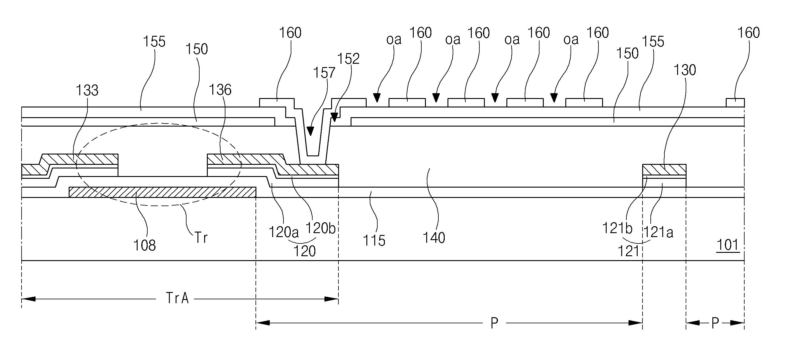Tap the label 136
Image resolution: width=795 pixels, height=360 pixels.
220,90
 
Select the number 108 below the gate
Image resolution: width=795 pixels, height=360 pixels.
144,246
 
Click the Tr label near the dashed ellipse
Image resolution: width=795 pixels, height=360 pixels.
201,238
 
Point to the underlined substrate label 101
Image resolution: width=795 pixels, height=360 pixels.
729,245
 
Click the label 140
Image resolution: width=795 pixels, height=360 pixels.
433,238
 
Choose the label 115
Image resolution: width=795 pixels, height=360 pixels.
374,241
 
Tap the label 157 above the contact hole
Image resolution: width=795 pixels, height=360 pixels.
324,73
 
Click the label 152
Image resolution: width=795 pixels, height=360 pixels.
348,59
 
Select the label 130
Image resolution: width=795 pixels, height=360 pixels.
684,70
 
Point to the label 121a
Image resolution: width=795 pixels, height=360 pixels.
658,232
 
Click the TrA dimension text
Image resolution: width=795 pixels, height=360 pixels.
177,298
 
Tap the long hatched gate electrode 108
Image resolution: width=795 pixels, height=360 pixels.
163,192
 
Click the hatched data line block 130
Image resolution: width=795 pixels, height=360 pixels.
664,169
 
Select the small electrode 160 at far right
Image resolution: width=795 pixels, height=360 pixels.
735,103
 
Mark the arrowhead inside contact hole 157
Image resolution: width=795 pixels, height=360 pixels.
310,131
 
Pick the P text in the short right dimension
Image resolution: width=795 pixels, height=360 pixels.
715,323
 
